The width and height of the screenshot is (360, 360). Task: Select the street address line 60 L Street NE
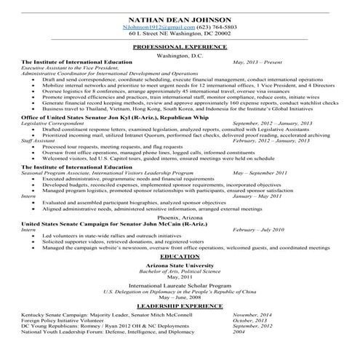[x=179, y=33]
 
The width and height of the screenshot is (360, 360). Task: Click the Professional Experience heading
[x=179, y=47]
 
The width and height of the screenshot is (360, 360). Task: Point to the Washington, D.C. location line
[x=179, y=55]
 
